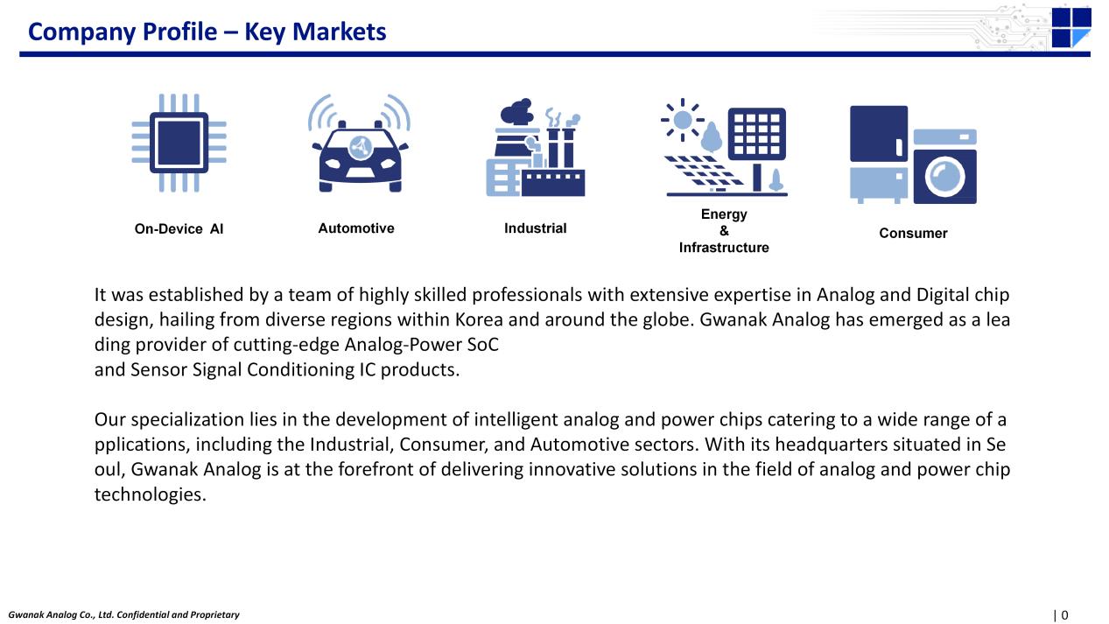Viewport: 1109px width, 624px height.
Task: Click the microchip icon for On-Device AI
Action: point(179,143)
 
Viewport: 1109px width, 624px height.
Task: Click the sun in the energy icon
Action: point(682,120)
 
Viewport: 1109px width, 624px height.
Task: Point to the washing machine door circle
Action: point(944,177)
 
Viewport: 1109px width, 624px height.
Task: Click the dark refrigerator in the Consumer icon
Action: point(879,134)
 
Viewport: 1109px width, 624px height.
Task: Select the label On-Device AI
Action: point(179,229)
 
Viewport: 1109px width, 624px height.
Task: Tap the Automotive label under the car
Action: point(356,228)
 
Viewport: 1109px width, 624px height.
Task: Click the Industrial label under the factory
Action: point(535,228)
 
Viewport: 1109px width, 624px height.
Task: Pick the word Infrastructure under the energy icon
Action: point(724,248)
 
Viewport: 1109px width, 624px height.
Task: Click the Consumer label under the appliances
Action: point(913,233)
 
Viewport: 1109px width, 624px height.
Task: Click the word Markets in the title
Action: point(339,32)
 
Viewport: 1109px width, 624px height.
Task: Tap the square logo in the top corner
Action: point(1071,27)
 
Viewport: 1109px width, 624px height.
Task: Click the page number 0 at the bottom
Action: point(1064,615)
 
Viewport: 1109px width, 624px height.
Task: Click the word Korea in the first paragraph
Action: point(479,319)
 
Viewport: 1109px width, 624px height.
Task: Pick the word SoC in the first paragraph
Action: point(482,345)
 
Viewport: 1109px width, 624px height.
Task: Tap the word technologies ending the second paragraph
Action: point(150,494)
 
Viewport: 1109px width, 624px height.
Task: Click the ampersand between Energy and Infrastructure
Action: point(724,231)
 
